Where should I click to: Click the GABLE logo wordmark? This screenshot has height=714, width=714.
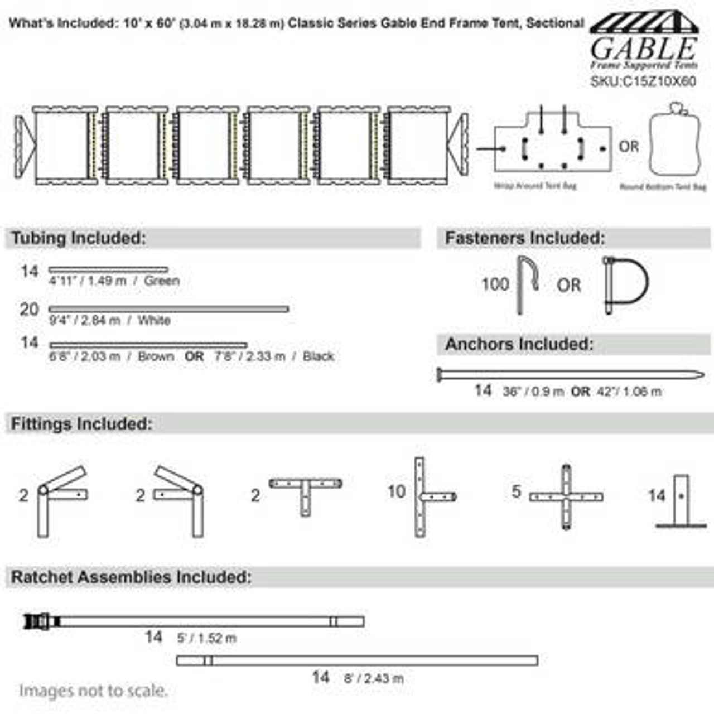click(644, 49)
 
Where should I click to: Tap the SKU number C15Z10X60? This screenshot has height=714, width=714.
click(643, 81)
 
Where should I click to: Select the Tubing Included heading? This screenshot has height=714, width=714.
click(79, 238)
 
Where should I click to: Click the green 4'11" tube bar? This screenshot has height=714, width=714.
click(108, 270)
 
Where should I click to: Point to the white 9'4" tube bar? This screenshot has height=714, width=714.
click(168, 309)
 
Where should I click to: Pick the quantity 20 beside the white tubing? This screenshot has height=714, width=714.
click(29, 310)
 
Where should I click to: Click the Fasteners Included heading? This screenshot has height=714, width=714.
click(524, 238)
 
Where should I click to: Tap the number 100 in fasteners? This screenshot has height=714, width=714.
click(495, 284)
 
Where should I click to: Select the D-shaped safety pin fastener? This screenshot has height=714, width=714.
click(625, 284)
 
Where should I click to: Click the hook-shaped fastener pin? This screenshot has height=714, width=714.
click(525, 283)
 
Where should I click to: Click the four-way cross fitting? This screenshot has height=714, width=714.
click(566, 496)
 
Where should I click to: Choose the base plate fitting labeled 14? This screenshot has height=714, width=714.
click(681, 501)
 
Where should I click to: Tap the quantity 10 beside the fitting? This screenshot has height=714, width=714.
click(396, 492)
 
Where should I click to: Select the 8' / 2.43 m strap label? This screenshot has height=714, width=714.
click(373, 678)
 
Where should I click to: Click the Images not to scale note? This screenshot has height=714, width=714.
click(93, 691)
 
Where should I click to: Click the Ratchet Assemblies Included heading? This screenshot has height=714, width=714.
click(131, 577)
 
